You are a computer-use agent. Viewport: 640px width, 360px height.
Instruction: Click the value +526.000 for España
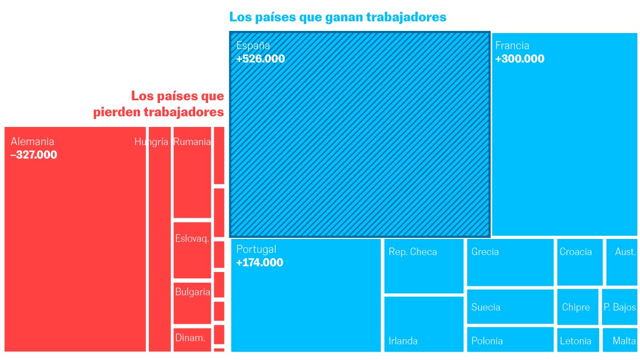[x=260, y=59]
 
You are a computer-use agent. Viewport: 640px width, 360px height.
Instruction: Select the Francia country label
[x=511, y=46]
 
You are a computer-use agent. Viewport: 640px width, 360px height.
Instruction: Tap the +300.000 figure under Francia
[x=519, y=59]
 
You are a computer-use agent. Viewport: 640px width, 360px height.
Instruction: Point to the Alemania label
[x=33, y=142]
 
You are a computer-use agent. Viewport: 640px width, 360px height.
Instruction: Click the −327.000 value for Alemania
[x=34, y=155]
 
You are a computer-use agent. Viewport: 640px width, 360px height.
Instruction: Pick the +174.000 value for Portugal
[x=259, y=262]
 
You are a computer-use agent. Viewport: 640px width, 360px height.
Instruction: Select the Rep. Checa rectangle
[x=423, y=266]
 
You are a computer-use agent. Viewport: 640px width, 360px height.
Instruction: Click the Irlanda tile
[x=423, y=324]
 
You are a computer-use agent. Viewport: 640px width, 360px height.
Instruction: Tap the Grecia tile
[x=510, y=262]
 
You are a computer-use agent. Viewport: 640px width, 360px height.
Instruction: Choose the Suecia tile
[x=510, y=307]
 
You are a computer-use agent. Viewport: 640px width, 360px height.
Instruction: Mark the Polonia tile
[x=510, y=340]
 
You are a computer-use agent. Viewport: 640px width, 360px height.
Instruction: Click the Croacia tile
[x=579, y=262]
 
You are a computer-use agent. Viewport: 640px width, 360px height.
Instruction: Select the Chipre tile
[x=577, y=307]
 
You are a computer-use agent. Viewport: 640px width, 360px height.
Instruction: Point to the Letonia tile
[x=578, y=340]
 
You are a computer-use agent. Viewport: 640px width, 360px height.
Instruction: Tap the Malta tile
[x=620, y=340]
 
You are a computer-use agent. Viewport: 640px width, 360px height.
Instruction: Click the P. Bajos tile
[x=620, y=307]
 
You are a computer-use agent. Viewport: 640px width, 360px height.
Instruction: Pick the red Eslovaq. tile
[x=192, y=250]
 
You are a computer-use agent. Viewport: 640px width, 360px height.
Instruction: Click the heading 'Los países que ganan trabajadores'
[x=338, y=17]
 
